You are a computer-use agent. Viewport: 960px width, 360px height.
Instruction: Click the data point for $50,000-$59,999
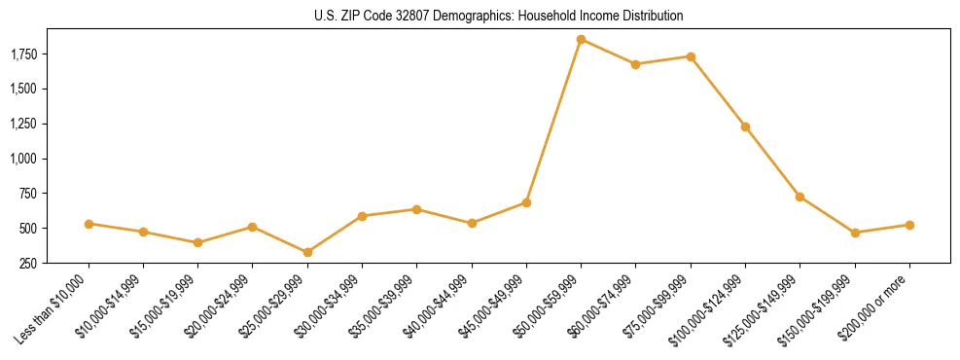tap(581, 39)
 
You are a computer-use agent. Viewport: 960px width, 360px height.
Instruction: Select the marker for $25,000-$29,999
tap(307, 252)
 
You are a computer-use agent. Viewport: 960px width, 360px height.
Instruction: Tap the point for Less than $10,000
tap(89, 224)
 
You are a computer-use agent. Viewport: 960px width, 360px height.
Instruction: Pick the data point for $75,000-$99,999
tap(691, 56)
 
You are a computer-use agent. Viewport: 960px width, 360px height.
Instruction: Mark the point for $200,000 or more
tap(909, 225)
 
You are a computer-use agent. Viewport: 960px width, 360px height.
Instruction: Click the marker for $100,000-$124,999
tap(745, 126)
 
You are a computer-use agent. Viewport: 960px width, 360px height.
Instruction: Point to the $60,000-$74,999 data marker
tap(635, 64)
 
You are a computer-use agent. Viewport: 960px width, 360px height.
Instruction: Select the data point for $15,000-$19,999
tap(197, 242)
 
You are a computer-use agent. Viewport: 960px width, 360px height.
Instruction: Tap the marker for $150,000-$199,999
tap(855, 233)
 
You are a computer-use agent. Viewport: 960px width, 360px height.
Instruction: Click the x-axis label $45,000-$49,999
tap(492, 306)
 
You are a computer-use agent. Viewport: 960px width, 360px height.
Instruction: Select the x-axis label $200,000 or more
tap(875, 306)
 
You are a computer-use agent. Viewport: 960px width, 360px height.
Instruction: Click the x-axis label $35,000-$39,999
tap(383, 306)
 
